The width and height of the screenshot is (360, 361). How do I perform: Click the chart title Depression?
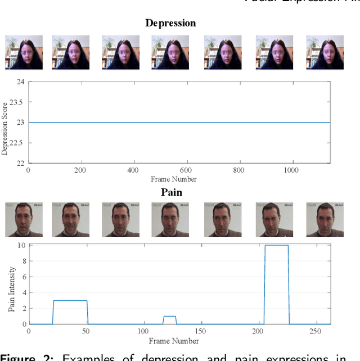(170, 23)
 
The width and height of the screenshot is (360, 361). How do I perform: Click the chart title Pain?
(172, 192)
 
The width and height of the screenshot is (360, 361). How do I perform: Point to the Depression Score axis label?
(5, 128)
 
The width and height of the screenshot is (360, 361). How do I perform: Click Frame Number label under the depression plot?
(174, 179)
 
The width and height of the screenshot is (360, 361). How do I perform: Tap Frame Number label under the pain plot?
(174, 341)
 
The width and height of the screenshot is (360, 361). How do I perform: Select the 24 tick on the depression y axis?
(21, 82)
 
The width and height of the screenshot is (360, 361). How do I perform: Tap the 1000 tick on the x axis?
(291, 170)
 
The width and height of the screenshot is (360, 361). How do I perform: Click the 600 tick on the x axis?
(186, 170)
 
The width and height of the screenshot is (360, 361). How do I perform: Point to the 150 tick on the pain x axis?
(200, 332)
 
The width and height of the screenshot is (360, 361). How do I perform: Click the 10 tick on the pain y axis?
(21, 245)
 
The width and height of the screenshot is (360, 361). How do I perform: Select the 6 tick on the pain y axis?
(23, 277)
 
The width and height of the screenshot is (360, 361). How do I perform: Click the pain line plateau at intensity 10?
(276, 245)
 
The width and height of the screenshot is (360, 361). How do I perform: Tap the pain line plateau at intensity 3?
(70, 300)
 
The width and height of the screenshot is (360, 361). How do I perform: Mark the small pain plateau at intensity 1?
(169, 316)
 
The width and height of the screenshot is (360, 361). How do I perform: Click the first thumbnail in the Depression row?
(24, 52)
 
